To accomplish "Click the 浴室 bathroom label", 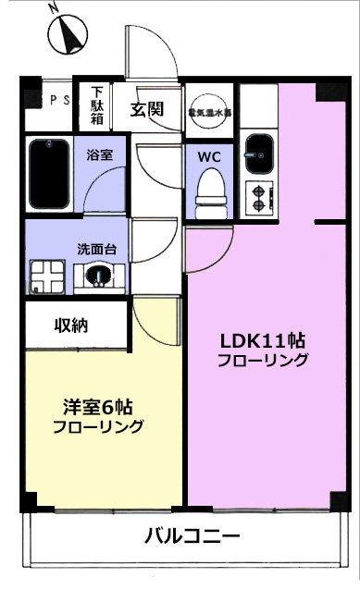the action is pyautogui.click(x=100, y=154).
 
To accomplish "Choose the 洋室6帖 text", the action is pyautogui.click(x=97, y=407).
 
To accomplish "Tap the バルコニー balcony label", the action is pyautogui.click(x=192, y=535).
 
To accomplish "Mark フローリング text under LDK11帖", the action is pyautogui.click(x=263, y=361).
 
